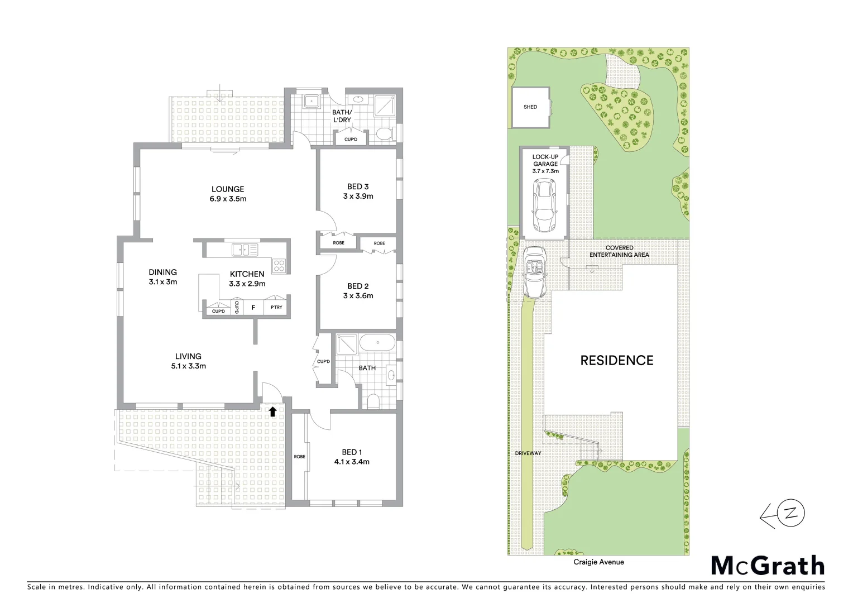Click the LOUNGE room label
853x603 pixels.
click(x=228, y=189)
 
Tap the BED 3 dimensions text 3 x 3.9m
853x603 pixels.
click(x=358, y=197)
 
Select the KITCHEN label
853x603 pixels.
click(x=247, y=274)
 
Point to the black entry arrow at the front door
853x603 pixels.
click(x=272, y=412)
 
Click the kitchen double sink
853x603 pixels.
click(x=245, y=250)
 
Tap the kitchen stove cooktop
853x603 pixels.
click(x=279, y=266)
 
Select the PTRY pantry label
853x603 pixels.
click(x=276, y=307)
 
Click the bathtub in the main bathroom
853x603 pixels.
click(x=377, y=343)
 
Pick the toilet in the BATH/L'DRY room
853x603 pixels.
click(x=384, y=133)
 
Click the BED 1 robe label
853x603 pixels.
click(x=299, y=457)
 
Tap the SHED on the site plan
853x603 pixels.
click(x=530, y=107)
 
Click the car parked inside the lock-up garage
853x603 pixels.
click(x=544, y=205)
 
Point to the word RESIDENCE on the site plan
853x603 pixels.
click(x=617, y=361)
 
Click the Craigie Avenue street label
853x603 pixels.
click(x=598, y=562)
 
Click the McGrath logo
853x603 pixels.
click(x=768, y=566)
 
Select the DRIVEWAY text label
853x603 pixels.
click(x=528, y=453)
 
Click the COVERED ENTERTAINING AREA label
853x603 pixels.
click(x=619, y=251)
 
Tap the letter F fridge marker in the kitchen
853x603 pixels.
click(x=253, y=308)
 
